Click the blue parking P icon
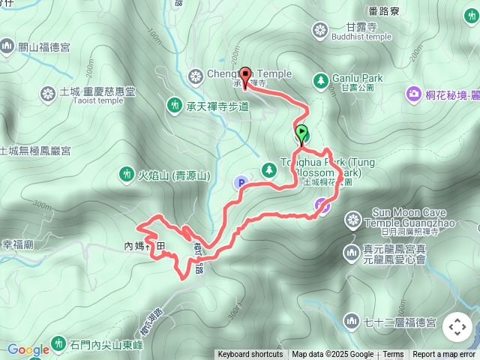(x=241, y=182)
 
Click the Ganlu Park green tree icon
(x=321, y=79)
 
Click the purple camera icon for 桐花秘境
(x=413, y=94)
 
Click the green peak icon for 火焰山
(x=125, y=175)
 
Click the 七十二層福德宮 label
(x=398, y=322)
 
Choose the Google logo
(x=28, y=349)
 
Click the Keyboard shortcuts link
(x=250, y=355)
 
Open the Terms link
(x=393, y=355)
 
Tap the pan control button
(x=457, y=327)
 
